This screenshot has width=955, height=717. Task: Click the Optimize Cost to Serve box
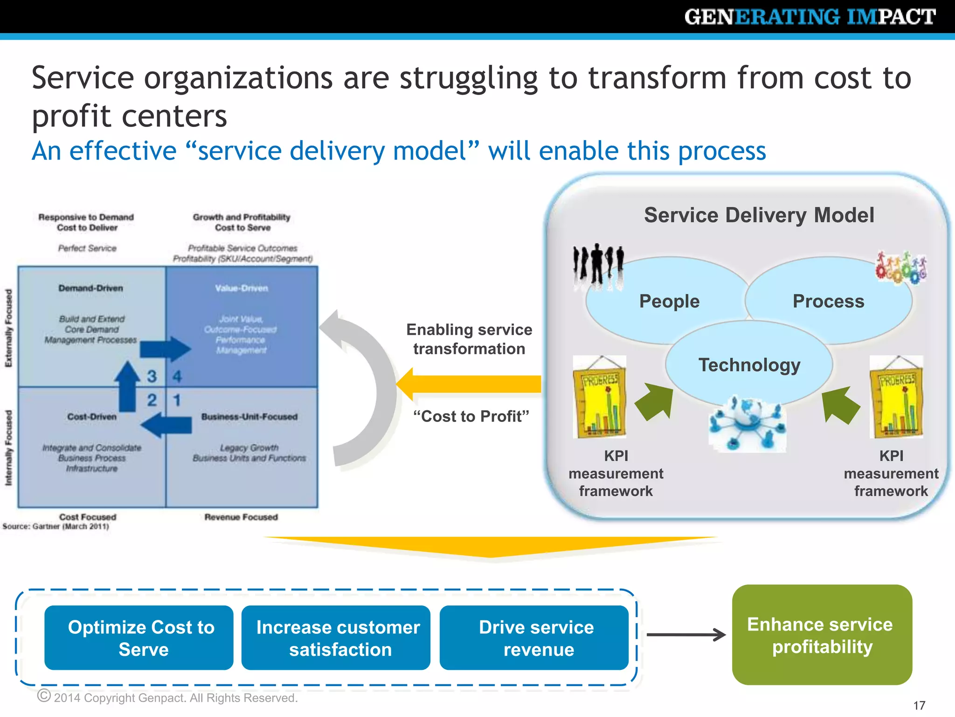click(139, 638)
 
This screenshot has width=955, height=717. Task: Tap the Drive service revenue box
click(534, 638)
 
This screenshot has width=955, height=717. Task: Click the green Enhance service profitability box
click(822, 635)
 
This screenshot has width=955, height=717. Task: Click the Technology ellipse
click(749, 365)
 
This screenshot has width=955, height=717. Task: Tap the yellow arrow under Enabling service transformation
click(469, 384)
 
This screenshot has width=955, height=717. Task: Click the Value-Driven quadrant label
click(242, 288)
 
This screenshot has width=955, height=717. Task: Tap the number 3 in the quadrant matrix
click(152, 376)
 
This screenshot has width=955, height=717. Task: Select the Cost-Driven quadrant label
click(92, 416)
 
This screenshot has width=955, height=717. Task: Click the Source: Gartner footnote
click(55, 527)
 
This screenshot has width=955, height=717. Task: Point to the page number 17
click(919, 705)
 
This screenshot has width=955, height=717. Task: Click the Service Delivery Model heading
click(759, 215)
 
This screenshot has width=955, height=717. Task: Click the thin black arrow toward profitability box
click(685, 634)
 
